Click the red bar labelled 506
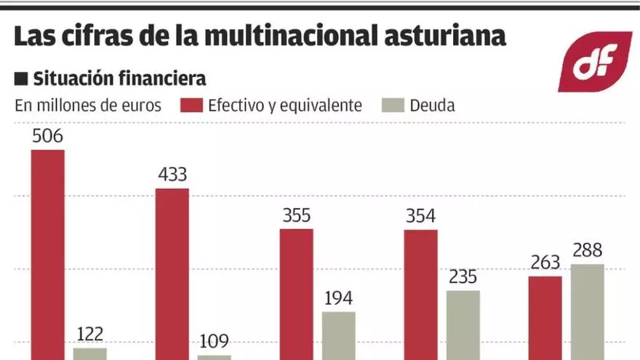coord(47,255)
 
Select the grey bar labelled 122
coord(89,353)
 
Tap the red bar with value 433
coord(172,273)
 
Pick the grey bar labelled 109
coord(214,357)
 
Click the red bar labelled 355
coord(297,294)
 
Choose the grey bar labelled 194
coord(339,335)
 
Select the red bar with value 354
coord(421,295)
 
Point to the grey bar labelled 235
coord(463,325)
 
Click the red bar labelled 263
coord(545,318)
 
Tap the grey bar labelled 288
coord(588,311)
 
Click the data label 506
coord(47,136)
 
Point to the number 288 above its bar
coord(588,251)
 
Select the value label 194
coord(339,298)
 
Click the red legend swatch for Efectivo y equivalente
coord(191,105)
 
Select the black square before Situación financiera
coord(20,79)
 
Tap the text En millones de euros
coord(88,105)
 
